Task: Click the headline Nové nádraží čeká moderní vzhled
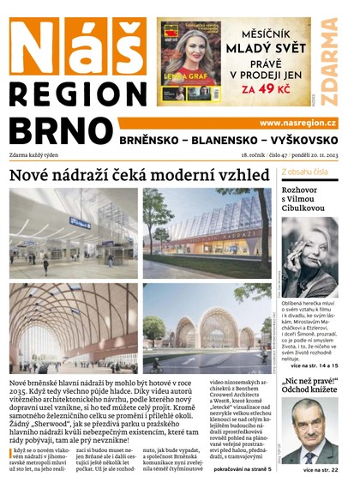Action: click(x=138, y=175)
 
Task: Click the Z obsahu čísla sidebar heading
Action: click(x=306, y=172)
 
